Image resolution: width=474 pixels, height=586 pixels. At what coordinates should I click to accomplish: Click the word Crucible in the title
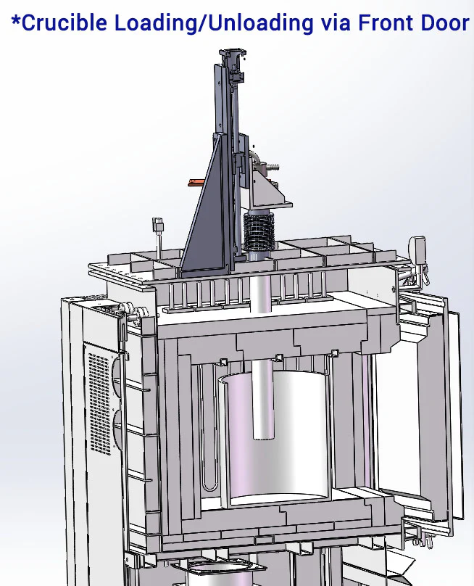point(65,22)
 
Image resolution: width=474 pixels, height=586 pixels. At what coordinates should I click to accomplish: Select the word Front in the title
point(386,22)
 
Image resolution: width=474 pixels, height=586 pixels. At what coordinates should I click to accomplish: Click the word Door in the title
point(445,22)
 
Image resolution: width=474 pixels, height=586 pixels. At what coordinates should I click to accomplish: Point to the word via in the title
point(336,23)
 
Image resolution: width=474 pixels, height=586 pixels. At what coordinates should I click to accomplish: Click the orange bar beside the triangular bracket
point(196,182)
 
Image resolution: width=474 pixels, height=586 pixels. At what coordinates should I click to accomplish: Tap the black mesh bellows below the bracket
point(259,231)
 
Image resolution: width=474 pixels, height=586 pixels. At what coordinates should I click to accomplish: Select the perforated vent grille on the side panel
point(100,405)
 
